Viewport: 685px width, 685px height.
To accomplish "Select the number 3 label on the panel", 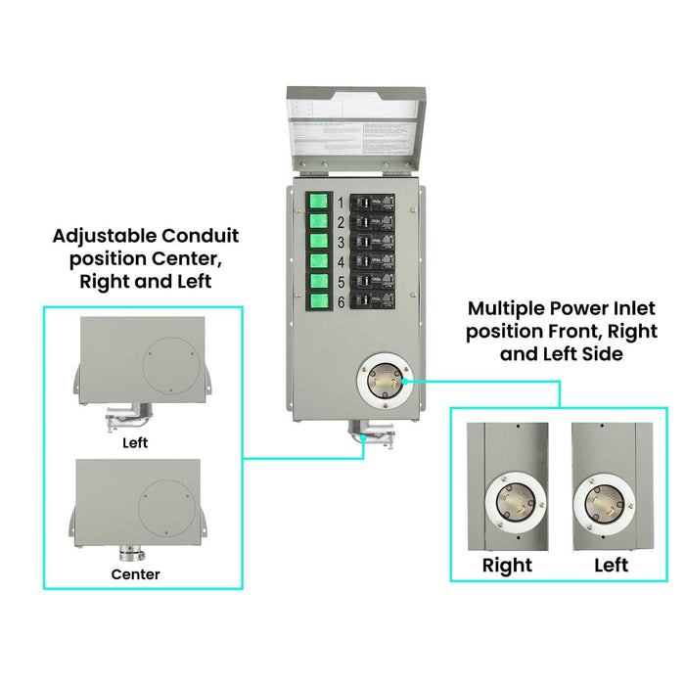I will pyautogui.click(x=341, y=242).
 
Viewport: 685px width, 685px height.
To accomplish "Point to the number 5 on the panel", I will pyautogui.click(x=341, y=282).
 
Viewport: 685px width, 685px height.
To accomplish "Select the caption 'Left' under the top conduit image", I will pyautogui.click(x=136, y=442).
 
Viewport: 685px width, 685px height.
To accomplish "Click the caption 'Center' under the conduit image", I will pyautogui.click(x=136, y=574).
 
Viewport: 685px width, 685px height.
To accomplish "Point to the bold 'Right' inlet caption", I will pyautogui.click(x=507, y=566).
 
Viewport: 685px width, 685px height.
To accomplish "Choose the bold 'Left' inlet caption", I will pyautogui.click(x=611, y=566).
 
